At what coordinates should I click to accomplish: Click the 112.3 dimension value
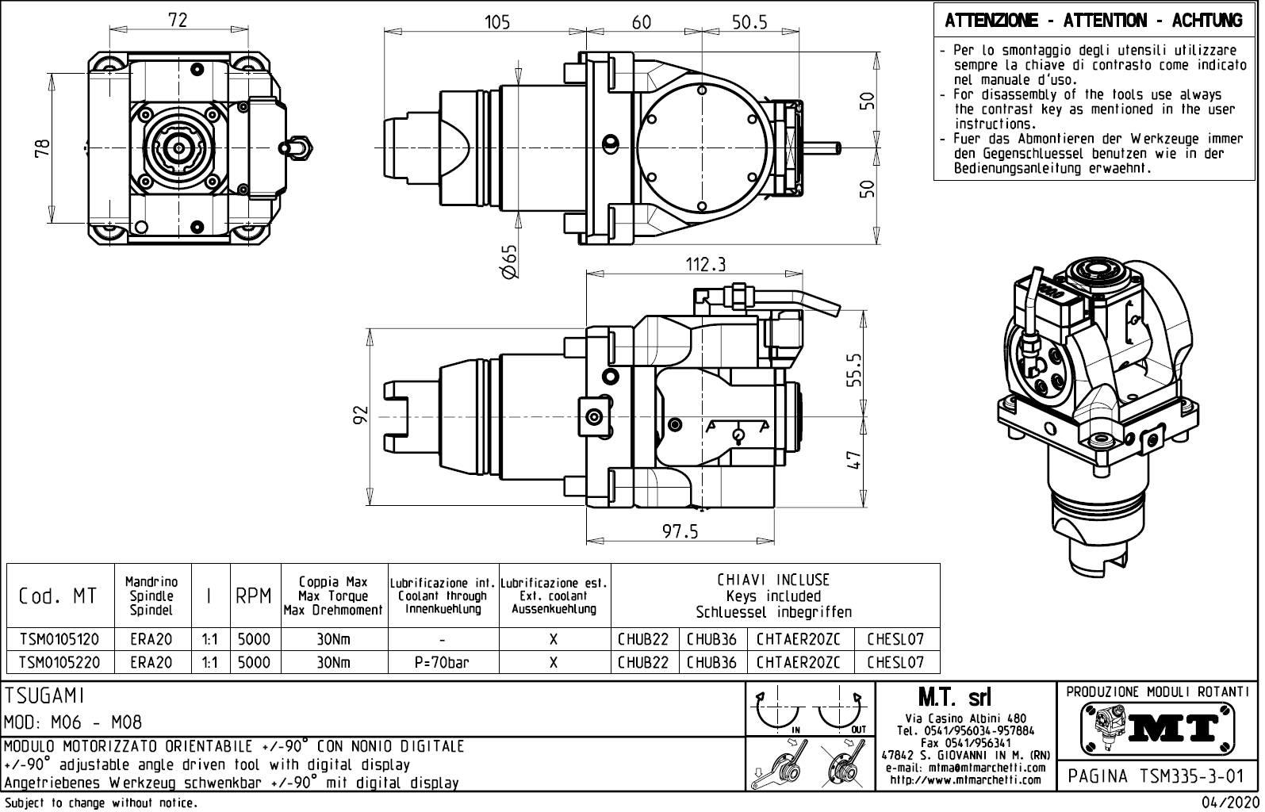[706, 264]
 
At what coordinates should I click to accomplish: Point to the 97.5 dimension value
[680, 531]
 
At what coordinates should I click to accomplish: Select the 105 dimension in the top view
[497, 22]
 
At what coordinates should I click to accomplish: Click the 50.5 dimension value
[749, 22]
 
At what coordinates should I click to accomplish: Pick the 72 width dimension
[178, 20]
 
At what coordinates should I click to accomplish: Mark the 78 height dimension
[42, 147]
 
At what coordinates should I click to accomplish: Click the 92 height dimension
[361, 415]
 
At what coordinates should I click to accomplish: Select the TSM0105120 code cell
[59, 639]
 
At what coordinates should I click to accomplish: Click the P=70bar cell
[442, 662]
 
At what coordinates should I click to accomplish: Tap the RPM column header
[254, 596]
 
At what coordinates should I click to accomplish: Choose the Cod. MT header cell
[58, 596]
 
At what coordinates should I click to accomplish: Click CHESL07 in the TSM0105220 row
[895, 662]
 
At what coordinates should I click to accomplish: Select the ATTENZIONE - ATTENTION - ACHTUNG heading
[1094, 20]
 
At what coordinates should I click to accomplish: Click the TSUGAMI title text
[44, 695]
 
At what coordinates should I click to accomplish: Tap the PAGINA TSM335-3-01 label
[1157, 776]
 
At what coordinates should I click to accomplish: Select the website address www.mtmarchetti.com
[965, 779]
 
